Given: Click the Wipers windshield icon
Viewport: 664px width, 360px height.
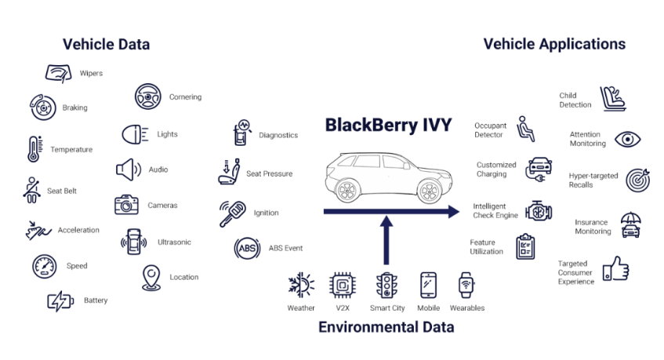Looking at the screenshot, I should [x=59, y=74].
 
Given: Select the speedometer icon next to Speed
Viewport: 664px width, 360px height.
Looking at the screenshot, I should [x=44, y=266].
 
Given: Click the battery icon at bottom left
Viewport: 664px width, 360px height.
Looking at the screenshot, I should [x=60, y=301].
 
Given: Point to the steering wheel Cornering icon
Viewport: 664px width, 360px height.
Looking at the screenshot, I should [x=147, y=96].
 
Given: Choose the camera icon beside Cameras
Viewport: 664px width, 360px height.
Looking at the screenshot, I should [x=126, y=205].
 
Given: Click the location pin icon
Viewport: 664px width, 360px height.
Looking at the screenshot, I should [x=151, y=277].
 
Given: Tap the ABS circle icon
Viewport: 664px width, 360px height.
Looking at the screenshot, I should [x=247, y=249].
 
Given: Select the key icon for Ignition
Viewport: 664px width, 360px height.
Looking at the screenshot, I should [x=231, y=213].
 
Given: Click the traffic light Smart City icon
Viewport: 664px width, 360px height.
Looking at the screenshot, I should [x=386, y=285].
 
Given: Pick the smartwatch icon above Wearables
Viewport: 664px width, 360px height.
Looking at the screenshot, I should [x=466, y=285].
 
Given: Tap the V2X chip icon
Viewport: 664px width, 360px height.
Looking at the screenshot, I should [x=342, y=285].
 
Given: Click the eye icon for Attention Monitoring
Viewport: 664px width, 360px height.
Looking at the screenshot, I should [x=627, y=140].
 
